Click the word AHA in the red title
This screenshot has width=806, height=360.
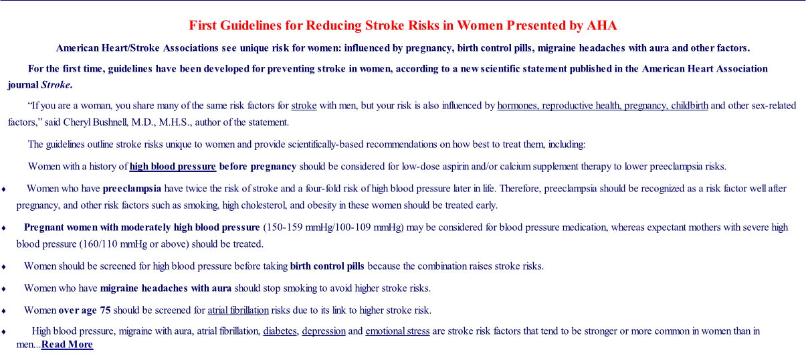click(601, 25)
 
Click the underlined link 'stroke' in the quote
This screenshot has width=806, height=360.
click(304, 106)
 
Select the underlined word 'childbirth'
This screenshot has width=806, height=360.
click(690, 106)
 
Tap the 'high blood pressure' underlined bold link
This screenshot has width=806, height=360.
click(173, 167)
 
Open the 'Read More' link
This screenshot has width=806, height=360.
click(67, 345)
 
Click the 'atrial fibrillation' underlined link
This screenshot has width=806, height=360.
click(238, 310)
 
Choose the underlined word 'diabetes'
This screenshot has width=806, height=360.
click(280, 331)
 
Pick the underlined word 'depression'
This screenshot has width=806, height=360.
click(324, 331)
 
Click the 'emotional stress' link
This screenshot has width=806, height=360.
click(397, 331)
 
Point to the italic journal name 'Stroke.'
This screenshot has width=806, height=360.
click(56, 85)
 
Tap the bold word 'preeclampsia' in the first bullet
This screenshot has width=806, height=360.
click(132, 189)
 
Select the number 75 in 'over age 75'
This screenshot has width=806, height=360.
click(105, 310)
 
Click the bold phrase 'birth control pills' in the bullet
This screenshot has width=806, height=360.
click(327, 266)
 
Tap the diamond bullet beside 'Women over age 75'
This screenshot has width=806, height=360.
click(3, 311)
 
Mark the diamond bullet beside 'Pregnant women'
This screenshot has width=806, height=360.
click(3, 228)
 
